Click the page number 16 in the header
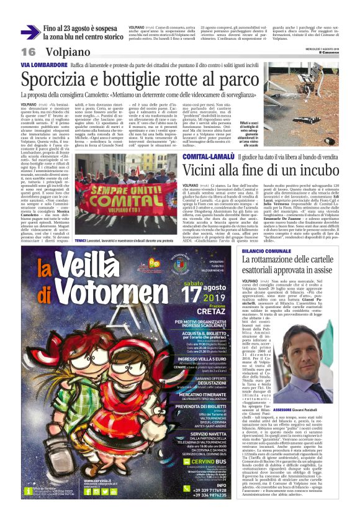click(29, 52)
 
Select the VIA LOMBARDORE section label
click(43, 65)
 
